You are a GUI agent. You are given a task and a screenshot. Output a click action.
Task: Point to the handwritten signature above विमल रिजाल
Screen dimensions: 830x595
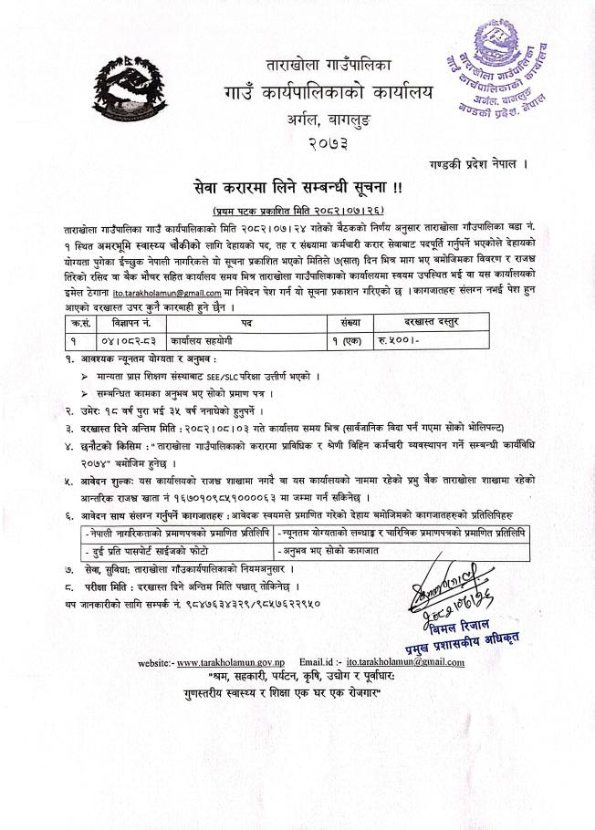coord(462,584)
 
